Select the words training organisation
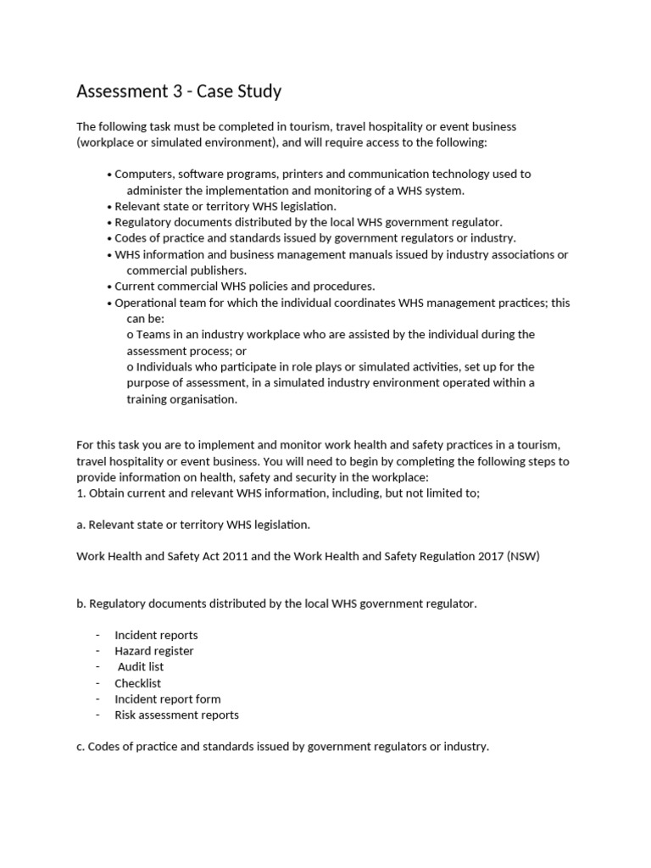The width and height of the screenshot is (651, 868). click(x=182, y=399)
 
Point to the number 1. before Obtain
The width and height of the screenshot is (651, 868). click(x=81, y=493)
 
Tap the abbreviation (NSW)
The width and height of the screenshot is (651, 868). click(x=524, y=557)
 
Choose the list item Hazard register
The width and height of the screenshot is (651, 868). click(x=154, y=651)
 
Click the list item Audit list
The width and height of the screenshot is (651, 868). click(x=141, y=667)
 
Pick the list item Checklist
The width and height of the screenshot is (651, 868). click(x=137, y=683)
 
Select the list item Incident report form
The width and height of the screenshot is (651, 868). click(x=168, y=699)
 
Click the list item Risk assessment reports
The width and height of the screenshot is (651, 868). click(x=176, y=715)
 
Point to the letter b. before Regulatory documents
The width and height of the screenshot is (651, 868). click(x=81, y=604)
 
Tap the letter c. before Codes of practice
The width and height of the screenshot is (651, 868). click(x=81, y=747)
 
